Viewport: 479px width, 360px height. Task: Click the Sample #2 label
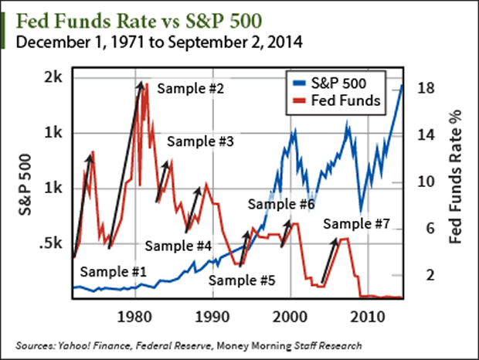click(190, 89)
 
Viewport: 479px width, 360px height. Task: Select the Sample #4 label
click(178, 246)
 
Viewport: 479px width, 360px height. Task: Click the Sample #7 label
click(356, 224)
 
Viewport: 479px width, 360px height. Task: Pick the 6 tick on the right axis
click(424, 229)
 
